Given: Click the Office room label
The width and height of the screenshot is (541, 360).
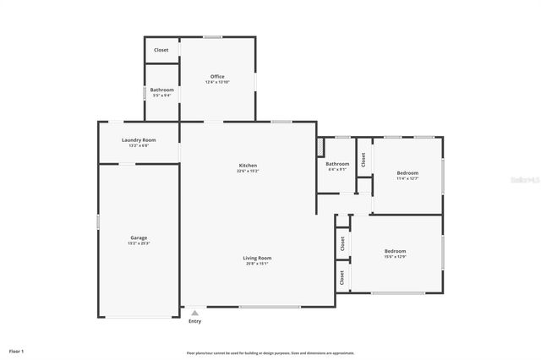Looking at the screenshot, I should click(217, 76).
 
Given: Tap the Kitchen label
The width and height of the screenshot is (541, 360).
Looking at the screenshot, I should click(248, 165).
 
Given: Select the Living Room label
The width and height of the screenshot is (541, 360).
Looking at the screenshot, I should click(257, 258).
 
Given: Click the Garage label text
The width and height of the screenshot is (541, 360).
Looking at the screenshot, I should click(139, 237).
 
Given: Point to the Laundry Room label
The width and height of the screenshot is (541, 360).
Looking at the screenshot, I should click(139, 139).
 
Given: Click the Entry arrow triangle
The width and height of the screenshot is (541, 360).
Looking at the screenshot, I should click(195, 313).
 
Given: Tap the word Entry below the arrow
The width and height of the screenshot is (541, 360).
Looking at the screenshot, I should click(195, 321).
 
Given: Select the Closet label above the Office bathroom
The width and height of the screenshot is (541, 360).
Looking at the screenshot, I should click(161, 50).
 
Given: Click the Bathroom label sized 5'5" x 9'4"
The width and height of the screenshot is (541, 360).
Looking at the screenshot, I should click(161, 90).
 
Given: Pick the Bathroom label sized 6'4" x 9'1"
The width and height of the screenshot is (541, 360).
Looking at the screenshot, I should click(337, 163).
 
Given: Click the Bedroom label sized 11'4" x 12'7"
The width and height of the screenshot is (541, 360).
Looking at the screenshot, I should click(407, 172).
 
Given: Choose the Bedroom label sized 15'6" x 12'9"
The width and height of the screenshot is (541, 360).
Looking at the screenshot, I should click(396, 250).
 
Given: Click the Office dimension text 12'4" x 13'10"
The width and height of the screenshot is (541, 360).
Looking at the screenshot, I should click(217, 82).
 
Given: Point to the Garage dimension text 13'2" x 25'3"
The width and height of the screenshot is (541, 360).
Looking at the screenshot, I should click(139, 243).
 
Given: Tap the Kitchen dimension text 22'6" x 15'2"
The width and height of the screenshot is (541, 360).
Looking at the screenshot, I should click(248, 171).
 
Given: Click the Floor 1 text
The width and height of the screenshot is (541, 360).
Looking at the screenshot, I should click(17, 350).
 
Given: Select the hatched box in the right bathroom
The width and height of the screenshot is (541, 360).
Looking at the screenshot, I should click(321, 147).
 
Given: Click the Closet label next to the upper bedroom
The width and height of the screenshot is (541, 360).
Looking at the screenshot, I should click(363, 158).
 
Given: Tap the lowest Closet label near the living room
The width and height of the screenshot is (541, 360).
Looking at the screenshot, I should click(342, 276).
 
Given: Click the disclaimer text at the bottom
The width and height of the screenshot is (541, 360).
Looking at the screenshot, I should click(270, 352).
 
